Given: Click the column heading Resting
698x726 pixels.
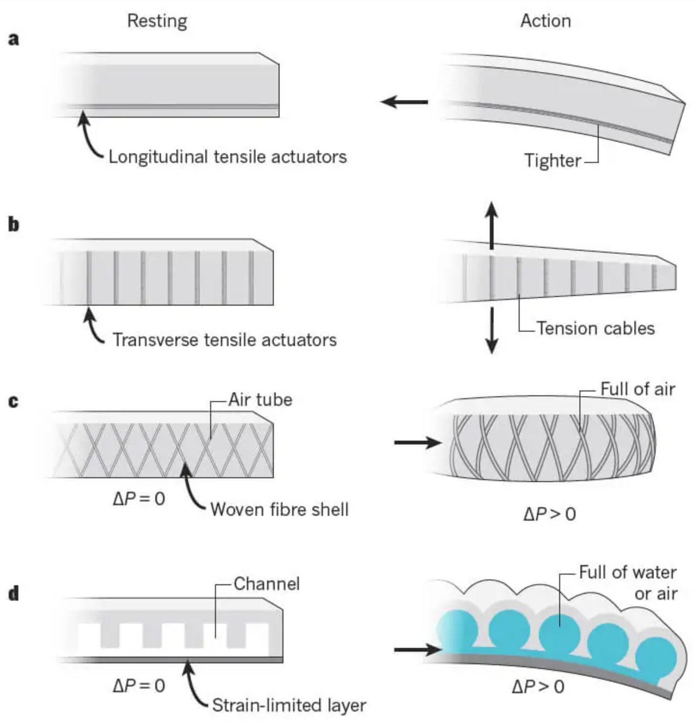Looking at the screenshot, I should click(157, 21).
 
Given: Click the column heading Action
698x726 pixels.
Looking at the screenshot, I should click(546, 21).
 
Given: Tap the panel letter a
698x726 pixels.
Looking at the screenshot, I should click(14, 40).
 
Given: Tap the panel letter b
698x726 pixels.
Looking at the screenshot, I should click(14, 225).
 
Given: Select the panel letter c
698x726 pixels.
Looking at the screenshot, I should click(13, 401).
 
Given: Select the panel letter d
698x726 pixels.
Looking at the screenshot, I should click(14, 593).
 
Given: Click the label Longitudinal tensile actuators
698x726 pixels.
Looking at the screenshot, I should click(228, 157).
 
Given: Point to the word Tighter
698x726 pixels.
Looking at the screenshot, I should click(552, 161).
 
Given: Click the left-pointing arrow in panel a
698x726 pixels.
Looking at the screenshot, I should click(404, 102).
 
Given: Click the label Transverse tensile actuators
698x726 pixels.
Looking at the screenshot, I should click(225, 340).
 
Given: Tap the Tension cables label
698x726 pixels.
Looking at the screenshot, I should click(596, 328).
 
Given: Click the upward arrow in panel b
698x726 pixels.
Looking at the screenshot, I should click(491, 225).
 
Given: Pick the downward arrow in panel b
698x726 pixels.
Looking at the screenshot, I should click(492, 330).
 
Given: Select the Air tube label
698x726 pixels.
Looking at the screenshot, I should click(260, 400).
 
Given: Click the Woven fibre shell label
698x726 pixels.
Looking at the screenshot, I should click(280, 510).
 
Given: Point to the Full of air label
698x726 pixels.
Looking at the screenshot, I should click(638, 389).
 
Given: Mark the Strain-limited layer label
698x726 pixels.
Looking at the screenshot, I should click(289, 705).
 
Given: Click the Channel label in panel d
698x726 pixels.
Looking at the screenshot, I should click(267, 584).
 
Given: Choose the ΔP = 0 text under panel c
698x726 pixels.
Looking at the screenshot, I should click(139, 498).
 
